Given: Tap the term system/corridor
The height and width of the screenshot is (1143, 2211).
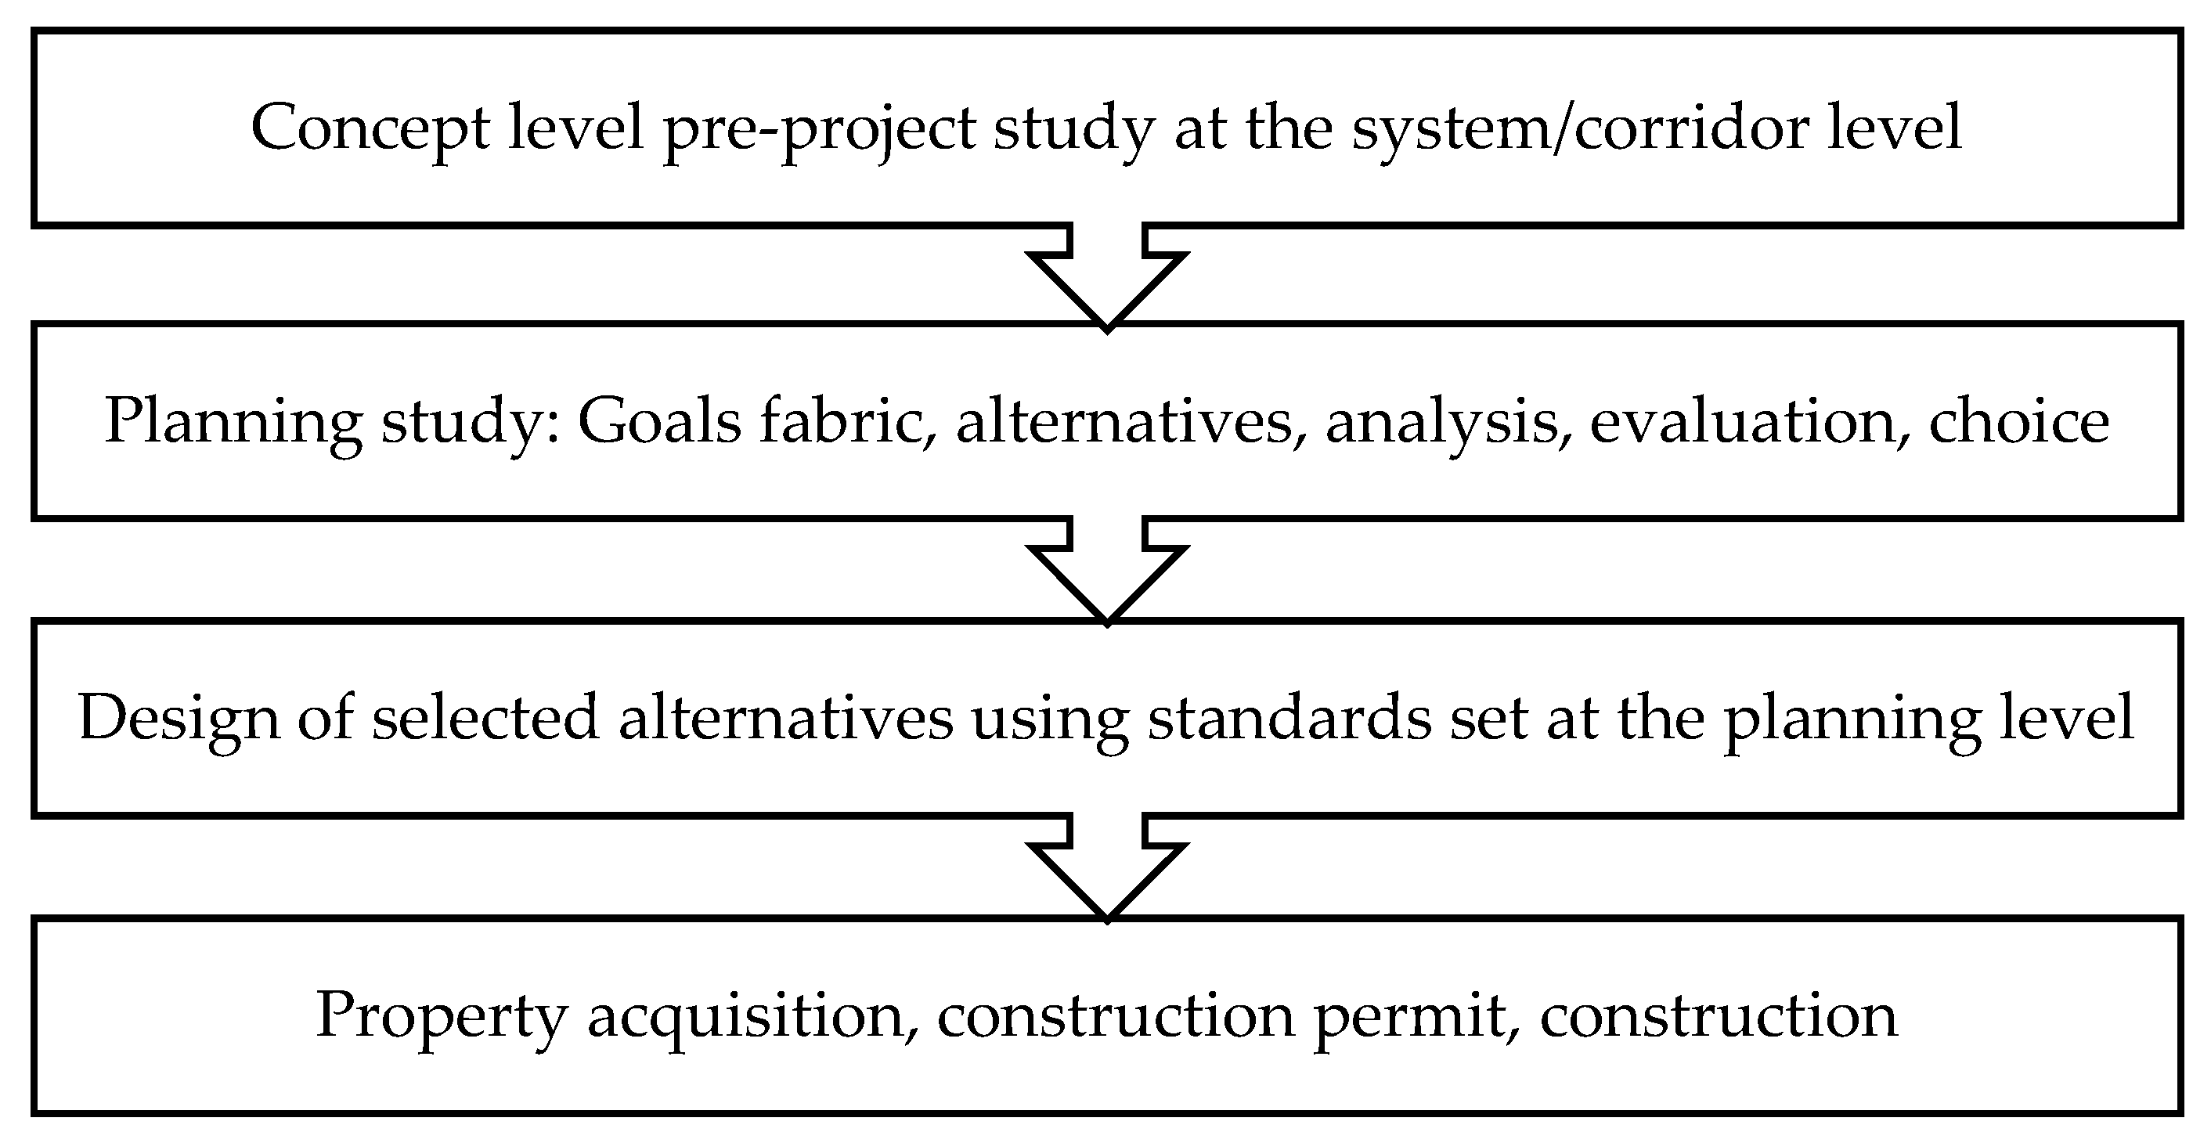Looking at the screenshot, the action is pos(1580,128).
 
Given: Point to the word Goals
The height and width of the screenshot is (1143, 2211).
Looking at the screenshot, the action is pos(659,421).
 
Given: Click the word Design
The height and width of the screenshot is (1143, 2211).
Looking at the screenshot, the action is pos(179,718).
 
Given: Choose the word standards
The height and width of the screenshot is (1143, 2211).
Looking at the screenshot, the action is pos(1289,716).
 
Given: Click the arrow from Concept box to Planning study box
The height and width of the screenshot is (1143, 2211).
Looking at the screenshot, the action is pos(1107,275).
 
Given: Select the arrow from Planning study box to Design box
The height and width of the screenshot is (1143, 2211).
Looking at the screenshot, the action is pos(1107,570).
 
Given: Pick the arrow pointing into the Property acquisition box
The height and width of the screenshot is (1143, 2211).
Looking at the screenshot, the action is pos(1107,867).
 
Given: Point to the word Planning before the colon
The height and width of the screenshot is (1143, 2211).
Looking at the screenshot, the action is pos(233,421).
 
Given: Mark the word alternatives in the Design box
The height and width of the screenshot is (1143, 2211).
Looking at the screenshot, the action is pos(785,716).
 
